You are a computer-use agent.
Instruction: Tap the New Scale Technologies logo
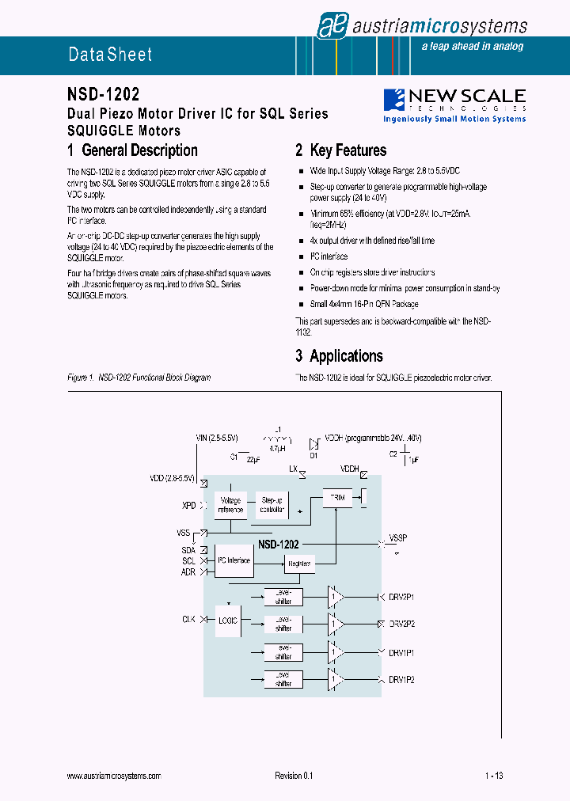coord(454,105)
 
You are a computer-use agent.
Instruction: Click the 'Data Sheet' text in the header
coord(110,55)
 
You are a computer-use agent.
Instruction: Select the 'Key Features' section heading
coord(340,150)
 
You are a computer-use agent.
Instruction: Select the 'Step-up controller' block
coord(272,505)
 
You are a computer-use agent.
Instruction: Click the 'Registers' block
coord(299,564)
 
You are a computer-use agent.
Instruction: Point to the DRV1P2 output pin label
coord(401,680)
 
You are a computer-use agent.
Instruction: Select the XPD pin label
coord(188,504)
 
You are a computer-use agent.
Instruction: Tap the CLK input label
coord(188,620)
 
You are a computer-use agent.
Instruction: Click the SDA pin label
coord(188,549)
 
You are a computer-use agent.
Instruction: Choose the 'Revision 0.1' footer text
coord(294,776)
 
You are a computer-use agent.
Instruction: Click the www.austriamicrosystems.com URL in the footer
coord(114,776)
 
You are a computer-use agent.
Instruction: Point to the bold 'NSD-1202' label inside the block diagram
coord(278,545)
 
